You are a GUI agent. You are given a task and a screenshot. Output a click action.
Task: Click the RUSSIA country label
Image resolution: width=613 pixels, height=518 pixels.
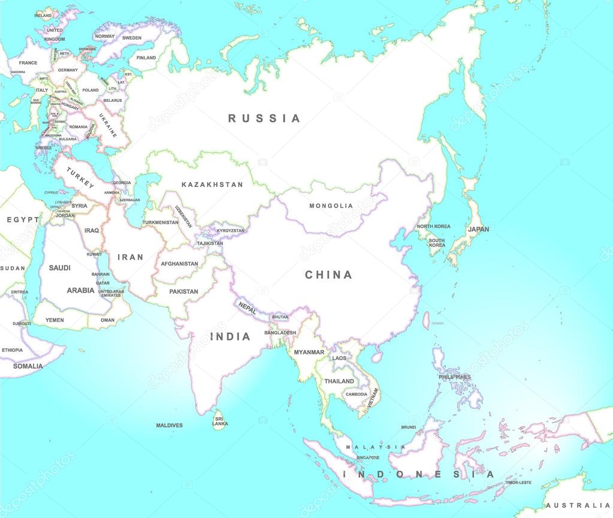click(264, 118)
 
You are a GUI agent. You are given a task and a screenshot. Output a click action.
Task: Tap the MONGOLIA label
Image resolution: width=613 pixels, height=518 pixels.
click(331, 206)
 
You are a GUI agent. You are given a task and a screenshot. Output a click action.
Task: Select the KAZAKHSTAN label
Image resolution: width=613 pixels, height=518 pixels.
click(212, 185)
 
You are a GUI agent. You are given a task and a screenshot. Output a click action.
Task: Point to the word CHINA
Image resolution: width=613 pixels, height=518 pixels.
click(328, 275)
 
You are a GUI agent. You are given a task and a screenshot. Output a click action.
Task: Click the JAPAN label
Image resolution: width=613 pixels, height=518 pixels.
click(478, 229)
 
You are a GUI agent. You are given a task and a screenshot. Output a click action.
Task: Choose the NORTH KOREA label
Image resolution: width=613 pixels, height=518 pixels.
click(433, 227)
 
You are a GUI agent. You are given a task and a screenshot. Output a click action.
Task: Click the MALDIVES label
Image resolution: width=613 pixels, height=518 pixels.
click(169, 425)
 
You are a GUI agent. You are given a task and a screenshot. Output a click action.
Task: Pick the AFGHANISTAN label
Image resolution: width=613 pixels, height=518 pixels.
click(179, 264)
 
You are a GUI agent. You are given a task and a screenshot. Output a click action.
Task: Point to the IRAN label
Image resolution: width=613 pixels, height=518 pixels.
click(130, 257)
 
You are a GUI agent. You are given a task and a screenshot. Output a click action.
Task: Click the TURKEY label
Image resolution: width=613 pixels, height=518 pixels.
click(80, 178)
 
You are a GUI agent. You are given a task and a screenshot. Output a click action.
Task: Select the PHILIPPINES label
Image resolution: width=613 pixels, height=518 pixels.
click(454, 377)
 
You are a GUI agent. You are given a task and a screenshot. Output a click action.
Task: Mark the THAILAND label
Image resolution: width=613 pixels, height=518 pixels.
click(339, 381)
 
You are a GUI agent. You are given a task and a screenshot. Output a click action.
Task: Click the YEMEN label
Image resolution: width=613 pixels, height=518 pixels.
click(55, 320)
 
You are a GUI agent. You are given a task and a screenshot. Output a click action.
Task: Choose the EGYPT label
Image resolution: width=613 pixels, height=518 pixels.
click(23, 220)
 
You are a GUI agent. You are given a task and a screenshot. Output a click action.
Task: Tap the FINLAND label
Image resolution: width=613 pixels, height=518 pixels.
click(146, 58)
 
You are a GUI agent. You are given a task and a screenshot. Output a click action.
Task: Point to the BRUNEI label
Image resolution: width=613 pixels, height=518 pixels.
click(408, 427)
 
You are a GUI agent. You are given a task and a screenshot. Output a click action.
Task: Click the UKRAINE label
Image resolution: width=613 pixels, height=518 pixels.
click(108, 125)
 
